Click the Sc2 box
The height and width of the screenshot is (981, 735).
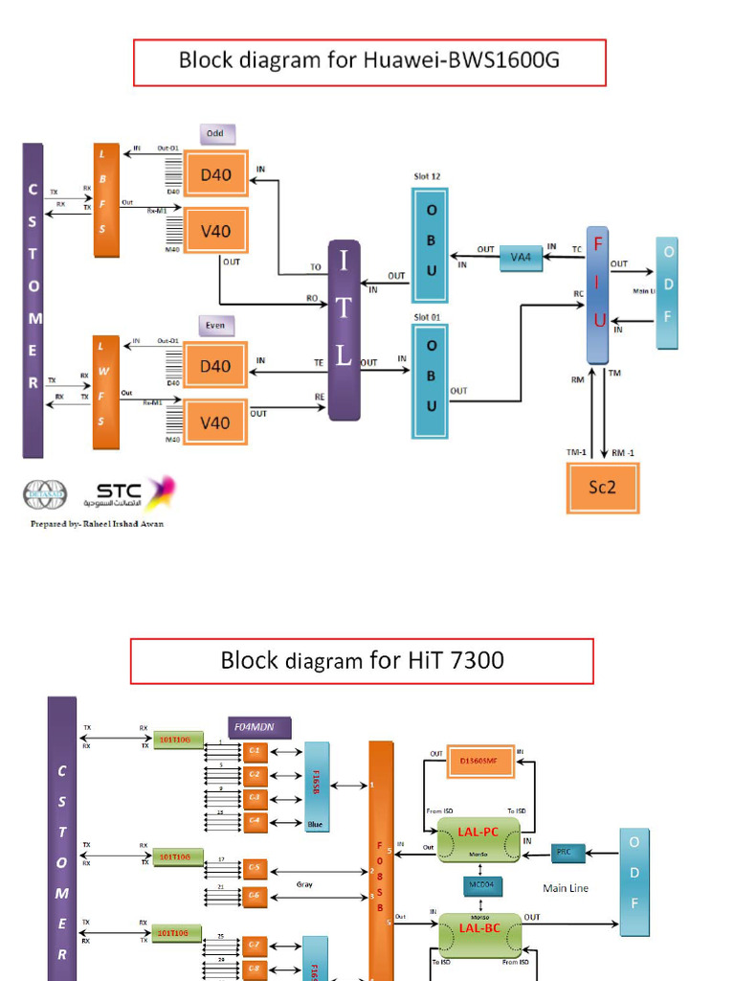click(602, 488)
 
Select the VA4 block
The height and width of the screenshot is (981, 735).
click(521, 258)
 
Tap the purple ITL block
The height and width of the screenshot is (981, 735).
click(344, 331)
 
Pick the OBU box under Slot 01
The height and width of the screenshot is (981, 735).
click(431, 380)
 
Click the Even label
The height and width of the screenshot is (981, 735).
click(216, 326)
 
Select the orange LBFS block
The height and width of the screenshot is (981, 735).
click(105, 200)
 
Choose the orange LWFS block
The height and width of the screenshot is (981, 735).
click(105, 392)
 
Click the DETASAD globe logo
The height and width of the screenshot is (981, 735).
click(45, 495)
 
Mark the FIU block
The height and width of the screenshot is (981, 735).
click(598, 295)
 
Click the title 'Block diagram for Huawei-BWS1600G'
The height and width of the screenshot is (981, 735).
click(368, 62)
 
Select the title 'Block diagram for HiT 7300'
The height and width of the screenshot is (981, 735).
click(362, 661)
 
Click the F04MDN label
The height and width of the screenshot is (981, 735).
click(258, 727)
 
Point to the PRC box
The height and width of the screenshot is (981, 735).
click(565, 851)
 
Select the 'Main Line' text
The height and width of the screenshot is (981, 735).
click(566, 888)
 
